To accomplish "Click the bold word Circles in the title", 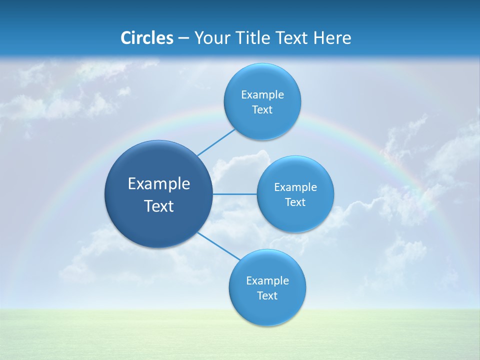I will point(147,38).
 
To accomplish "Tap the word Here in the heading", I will point(332,38).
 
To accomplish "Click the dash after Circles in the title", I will point(183,38).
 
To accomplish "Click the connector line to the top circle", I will point(216,142).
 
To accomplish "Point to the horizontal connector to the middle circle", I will point(234,194).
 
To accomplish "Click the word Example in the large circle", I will point(159,184).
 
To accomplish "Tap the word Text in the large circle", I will point(159,206).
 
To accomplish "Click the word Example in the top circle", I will point(262,95).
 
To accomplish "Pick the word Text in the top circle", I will point(262,110).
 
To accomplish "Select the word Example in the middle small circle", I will point(295,187).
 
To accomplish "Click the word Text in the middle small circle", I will point(295,202).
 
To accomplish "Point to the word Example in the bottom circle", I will point(267,281).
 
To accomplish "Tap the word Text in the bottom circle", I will point(267,296).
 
